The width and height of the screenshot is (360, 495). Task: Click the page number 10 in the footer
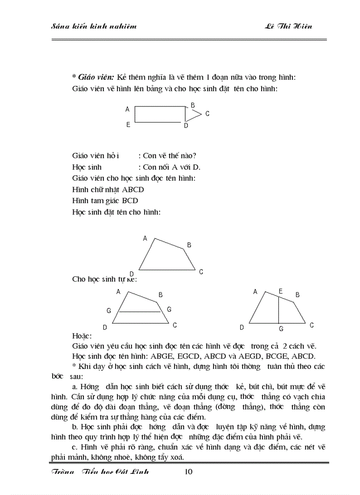pos(188,472)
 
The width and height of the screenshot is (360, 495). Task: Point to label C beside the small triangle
pos(207,114)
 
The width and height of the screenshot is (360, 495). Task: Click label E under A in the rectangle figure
pos(128,125)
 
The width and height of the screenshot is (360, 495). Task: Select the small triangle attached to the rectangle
pos(191,114)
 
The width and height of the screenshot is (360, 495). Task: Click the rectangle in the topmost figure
pos(160,114)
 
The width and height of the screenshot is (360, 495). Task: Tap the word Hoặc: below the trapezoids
pos(82,336)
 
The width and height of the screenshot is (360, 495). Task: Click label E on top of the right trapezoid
pos(281,291)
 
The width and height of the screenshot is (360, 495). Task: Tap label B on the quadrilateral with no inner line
pos(189,245)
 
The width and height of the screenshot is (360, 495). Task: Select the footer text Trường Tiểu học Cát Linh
pos(101,472)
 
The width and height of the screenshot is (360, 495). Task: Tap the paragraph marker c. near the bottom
pos(74,447)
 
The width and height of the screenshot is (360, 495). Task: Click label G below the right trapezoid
pos(281,329)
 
